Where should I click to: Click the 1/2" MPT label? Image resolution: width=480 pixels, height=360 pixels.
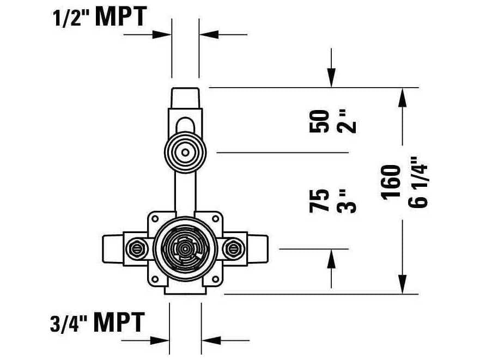coord(99,17)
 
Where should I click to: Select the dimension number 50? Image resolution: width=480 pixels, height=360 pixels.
coord(320,121)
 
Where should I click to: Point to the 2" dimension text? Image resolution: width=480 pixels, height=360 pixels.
coord(348,121)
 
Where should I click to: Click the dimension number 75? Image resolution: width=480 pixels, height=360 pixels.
coord(320,200)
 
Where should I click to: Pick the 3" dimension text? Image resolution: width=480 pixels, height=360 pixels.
coord(348,200)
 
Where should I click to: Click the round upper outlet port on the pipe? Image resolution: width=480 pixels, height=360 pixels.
coord(185,152)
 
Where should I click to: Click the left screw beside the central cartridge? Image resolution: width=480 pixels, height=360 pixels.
coord(137,249)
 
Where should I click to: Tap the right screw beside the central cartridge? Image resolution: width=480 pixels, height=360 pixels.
coord(234,249)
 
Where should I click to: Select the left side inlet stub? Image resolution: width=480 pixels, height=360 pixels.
coord(112,249)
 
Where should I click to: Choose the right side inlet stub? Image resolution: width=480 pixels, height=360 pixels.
coord(258,249)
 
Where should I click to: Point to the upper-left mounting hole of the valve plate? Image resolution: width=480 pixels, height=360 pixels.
coord(155,218)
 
